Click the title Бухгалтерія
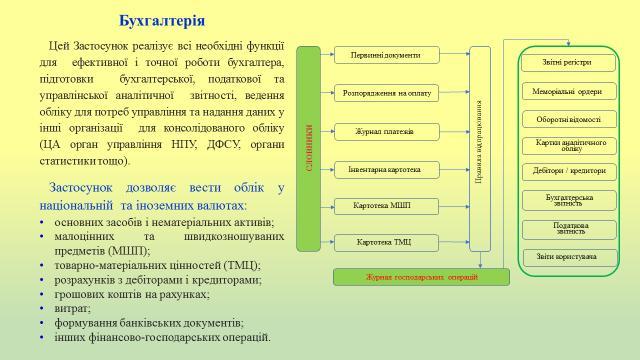(162, 20)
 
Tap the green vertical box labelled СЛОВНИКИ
(309, 148)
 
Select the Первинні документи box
(385, 55)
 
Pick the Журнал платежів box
(385, 131)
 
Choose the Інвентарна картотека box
(385, 169)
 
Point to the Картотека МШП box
(385, 206)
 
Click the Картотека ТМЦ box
(385, 243)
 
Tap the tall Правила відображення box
(480, 148)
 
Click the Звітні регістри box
(566, 62)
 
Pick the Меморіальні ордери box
(566, 91)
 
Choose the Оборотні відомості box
(566, 118)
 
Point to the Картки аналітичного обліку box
(566, 145)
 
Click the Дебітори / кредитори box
(566, 171)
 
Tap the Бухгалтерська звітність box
(566, 200)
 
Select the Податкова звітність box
(566, 228)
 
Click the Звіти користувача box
(566, 257)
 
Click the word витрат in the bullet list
(71, 309)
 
